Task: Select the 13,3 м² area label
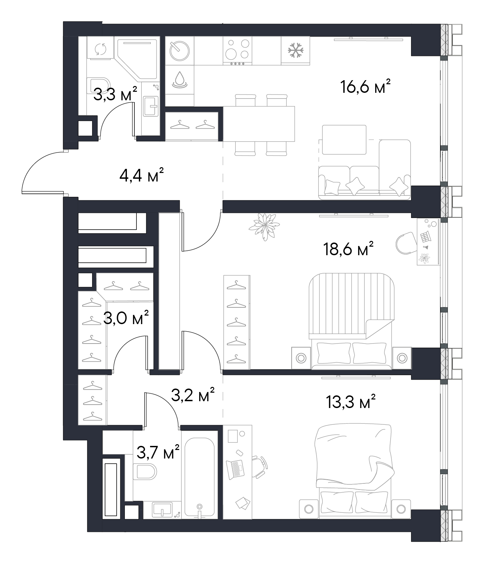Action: [x=351, y=402]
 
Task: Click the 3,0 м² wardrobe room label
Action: [x=126, y=318]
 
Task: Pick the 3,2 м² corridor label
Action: [x=193, y=395]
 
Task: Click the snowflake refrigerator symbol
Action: [x=295, y=50]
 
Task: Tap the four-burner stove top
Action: [x=238, y=50]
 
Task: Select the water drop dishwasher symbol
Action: [x=179, y=79]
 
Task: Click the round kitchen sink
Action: [x=179, y=51]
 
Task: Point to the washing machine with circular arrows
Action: [x=101, y=49]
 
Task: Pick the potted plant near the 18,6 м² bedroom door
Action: [x=264, y=226]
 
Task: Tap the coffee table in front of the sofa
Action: [x=344, y=140]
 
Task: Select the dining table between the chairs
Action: [x=259, y=123]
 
